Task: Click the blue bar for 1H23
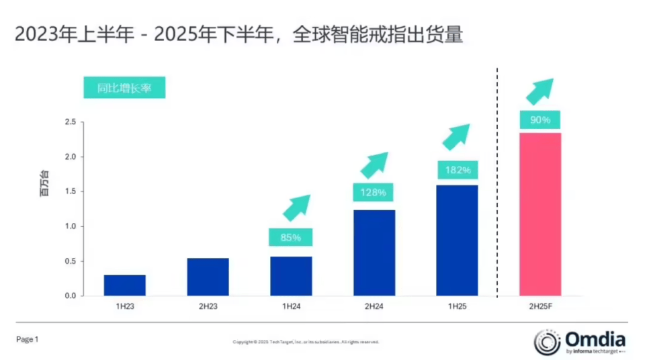click(124, 285)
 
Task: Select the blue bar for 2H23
click(208, 277)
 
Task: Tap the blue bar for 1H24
click(291, 276)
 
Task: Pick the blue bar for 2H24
click(374, 253)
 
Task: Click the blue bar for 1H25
click(457, 240)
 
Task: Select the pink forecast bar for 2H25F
click(540, 214)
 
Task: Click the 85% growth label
click(291, 237)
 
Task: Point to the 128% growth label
click(374, 192)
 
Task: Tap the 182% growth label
click(457, 170)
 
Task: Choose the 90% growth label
click(540, 120)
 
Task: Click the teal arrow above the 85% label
click(296, 208)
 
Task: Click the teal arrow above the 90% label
click(540, 91)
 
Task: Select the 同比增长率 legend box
click(124, 88)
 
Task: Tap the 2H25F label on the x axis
click(540, 306)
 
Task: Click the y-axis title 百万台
click(44, 183)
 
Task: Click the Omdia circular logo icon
click(547, 342)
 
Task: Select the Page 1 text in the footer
click(28, 340)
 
